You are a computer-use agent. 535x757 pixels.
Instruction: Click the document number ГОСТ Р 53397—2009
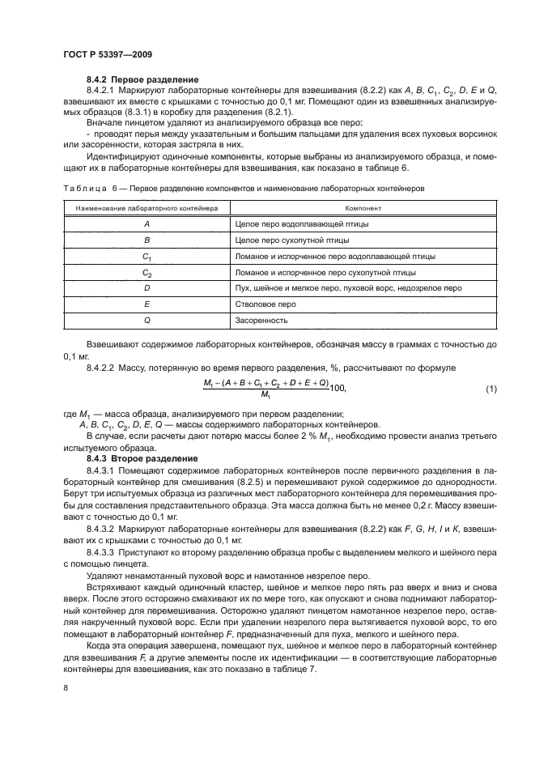click(x=107, y=53)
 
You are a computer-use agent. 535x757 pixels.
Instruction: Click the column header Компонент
click(x=363, y=208)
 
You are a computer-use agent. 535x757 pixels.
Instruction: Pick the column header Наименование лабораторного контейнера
click(x=146, y=208)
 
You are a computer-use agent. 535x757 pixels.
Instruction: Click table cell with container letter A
click(x=146, y=223)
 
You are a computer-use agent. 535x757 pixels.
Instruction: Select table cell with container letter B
click(x=146, y=240)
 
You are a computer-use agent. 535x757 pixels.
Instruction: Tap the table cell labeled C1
click(x=146, y=257)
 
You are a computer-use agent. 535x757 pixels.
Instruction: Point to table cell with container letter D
click(x=146, y=287)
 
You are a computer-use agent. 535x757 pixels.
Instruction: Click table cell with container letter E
click(x=146, y=304)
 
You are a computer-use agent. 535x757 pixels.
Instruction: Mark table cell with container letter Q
click(x=146, y=320)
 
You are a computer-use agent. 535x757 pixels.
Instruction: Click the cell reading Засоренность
click(x=261, y=320)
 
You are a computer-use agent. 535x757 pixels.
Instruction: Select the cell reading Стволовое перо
click(x=265, y=304)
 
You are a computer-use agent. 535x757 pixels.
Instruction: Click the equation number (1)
click(x=490, y=389)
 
